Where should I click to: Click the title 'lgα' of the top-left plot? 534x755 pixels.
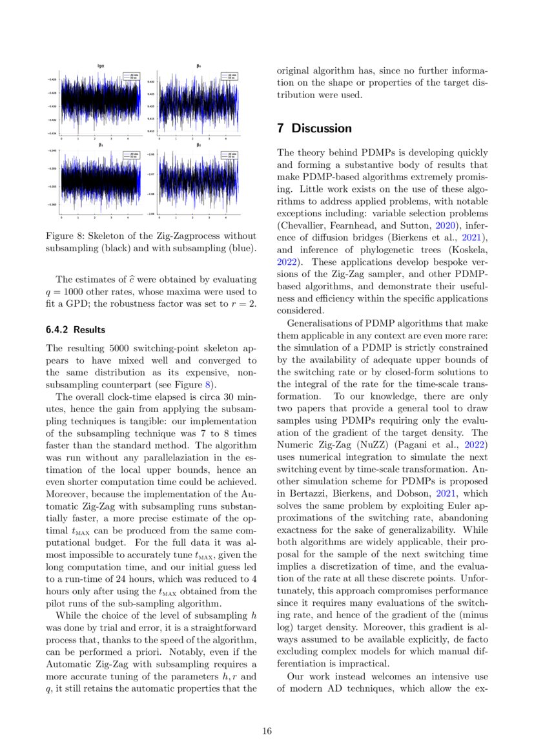pos(101,66)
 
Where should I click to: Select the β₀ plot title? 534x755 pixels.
pos(198,66)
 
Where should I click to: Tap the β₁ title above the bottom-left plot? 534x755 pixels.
pos(101,145)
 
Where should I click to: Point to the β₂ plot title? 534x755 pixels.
pos(198,145)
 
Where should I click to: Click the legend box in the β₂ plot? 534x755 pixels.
pos(229,155)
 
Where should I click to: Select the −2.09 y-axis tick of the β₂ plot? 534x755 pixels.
pos(150,213)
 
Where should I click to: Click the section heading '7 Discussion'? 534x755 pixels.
pos(314,128)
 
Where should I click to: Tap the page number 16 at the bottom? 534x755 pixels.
pos(267,730)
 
